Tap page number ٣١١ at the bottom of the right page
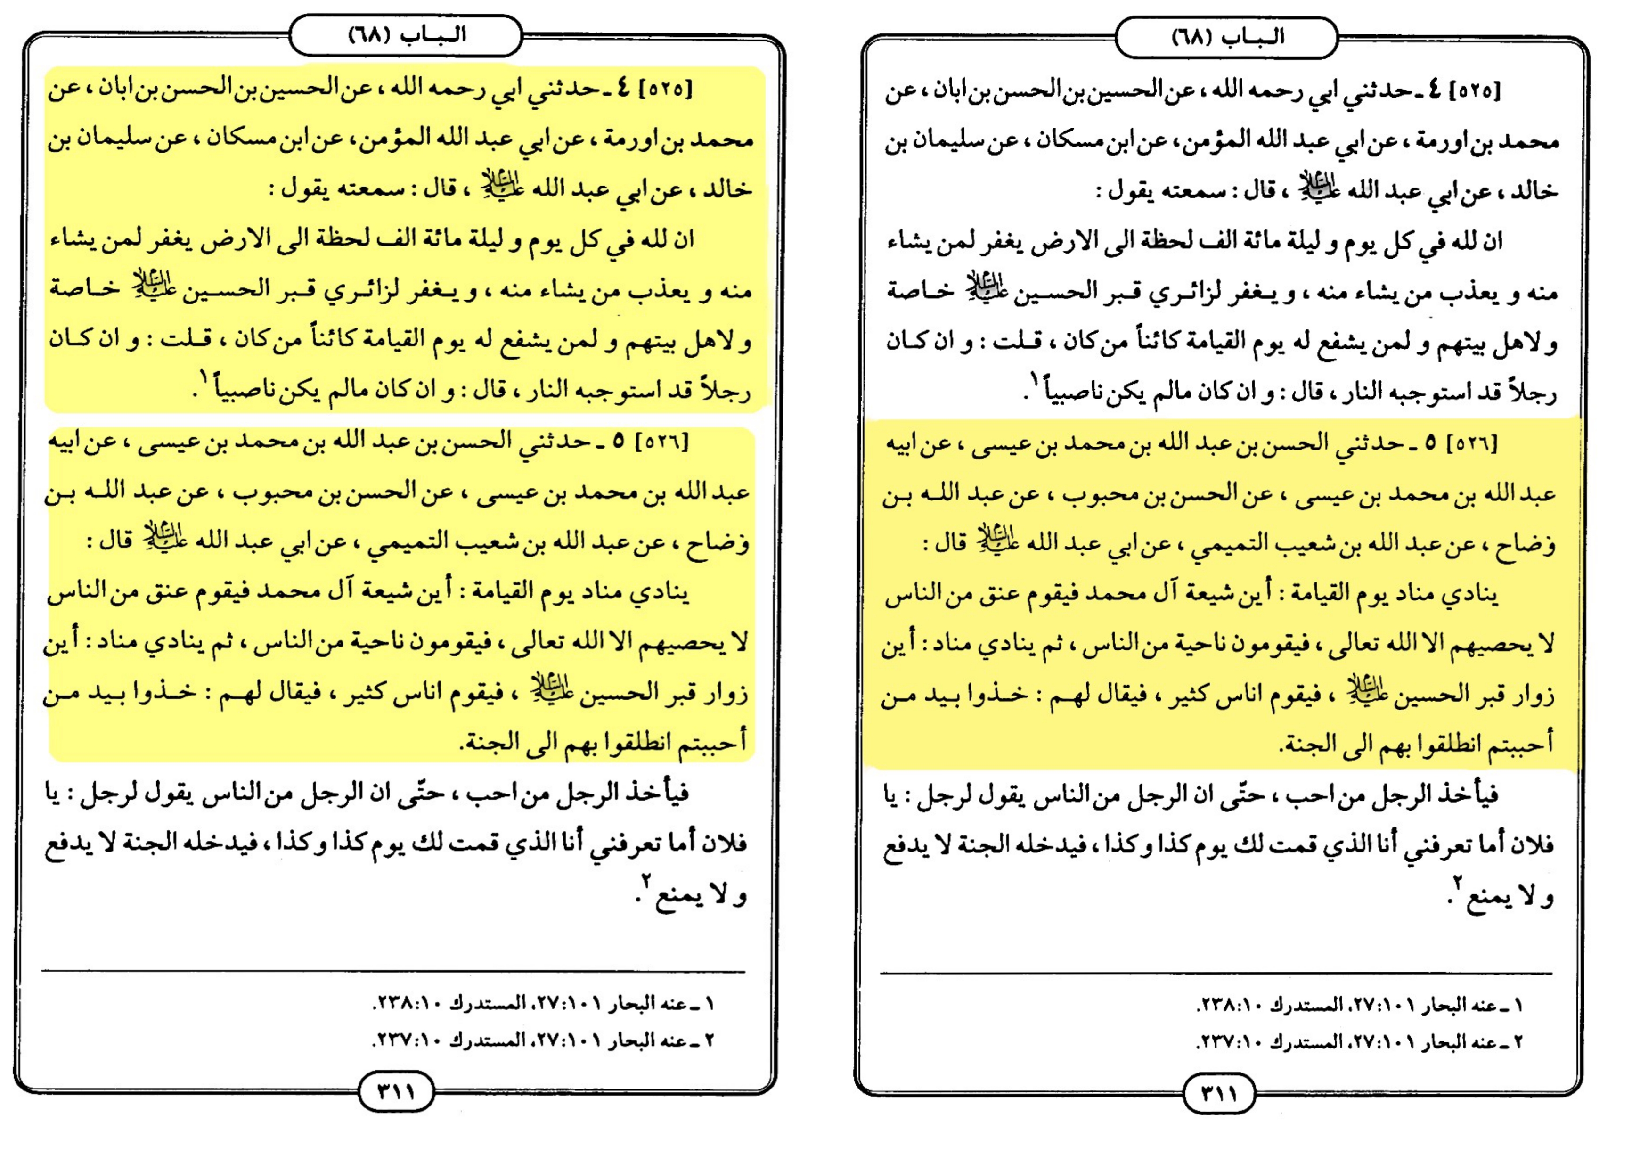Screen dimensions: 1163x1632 tap(1218, 1094)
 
